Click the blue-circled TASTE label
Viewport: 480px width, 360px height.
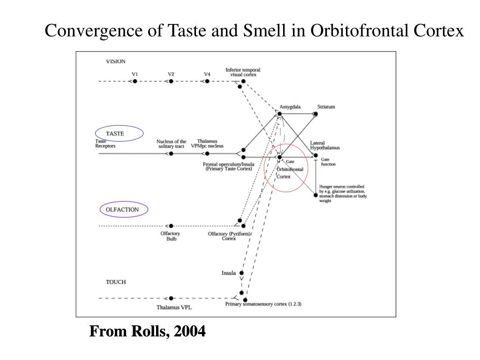[115, 134]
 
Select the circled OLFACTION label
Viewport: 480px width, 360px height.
[122, 210]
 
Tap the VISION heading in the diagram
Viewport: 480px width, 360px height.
[116, 61]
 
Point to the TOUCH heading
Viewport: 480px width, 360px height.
[116, 282]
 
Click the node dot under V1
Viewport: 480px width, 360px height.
[135, 81]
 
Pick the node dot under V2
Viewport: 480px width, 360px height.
[171, 81]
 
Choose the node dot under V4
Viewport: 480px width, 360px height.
[207, 81]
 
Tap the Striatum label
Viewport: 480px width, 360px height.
[326, 107]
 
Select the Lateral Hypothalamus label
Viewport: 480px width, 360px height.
[325, 145]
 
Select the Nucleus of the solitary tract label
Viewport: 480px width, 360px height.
[171, 144]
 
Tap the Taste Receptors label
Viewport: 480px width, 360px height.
[105, 143]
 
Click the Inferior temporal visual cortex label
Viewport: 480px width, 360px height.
[243, 72]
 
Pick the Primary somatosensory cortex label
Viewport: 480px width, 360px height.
[263, 304]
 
